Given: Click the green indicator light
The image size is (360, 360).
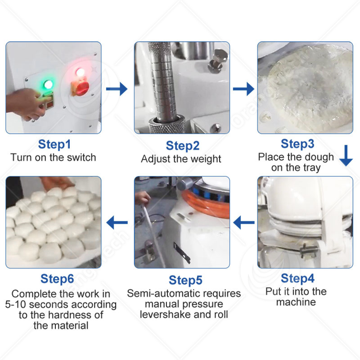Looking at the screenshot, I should pos(46,85).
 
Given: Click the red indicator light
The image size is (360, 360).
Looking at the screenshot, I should pos(80,72).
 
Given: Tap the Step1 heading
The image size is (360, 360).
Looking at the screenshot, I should pos(54,144).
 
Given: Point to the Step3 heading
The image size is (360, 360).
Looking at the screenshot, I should pos(297,144).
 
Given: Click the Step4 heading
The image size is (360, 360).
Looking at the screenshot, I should pos(297,278).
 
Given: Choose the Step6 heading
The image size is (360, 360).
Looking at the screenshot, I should pos(57,279).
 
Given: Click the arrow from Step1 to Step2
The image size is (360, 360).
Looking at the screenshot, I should pos(117,89).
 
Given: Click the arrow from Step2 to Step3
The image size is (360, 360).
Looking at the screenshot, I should pos(243,89).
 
